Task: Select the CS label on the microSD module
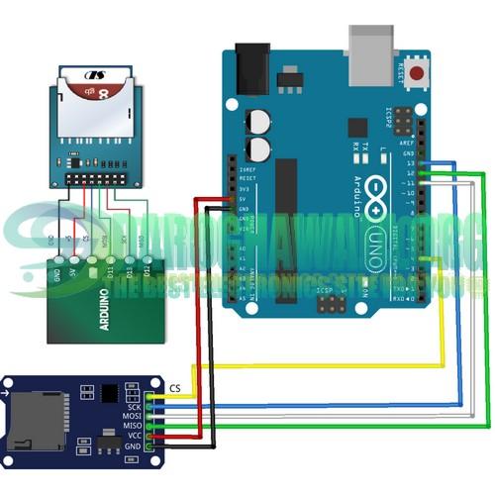tap(175, 387)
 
